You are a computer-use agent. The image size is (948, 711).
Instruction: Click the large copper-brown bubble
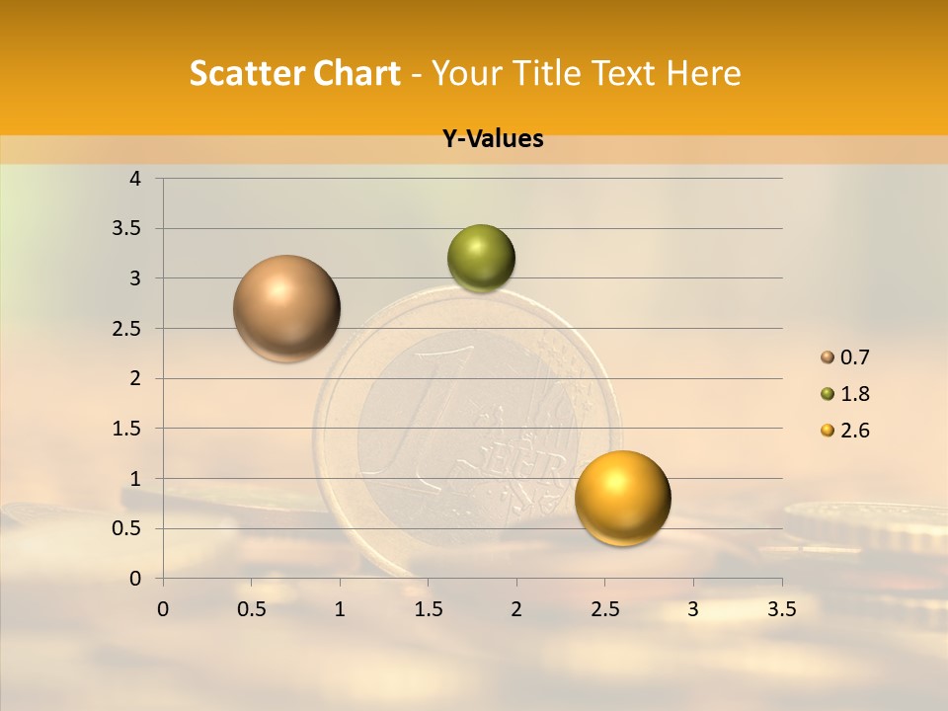pyautogui.click(x=286, y=308)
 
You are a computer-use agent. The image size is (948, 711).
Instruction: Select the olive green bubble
pyautogui.click(x=481, y=258)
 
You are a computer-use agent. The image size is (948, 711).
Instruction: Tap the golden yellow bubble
pyautogui.click(x=622, y=498)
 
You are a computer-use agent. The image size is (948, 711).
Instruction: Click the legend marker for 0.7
pyautogui.click(x=828, y=357)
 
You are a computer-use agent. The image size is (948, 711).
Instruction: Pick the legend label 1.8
pyautogui.click(x=854, y=394)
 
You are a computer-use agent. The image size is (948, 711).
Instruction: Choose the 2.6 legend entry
pyautogui.click(x=845, y=431)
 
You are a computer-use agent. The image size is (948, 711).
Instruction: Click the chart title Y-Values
pyautogui.click(x=493, y=139)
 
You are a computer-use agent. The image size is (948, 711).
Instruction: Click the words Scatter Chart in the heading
pyautogui.click(x=295, y=73)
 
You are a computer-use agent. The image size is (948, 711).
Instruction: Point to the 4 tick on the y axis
pyautogui.click(x=135, y=179)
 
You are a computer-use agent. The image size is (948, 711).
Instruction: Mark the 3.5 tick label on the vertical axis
pyautogui.click(x=127, y=228)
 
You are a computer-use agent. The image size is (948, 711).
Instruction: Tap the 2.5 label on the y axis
pyautogui.click(x=127, y=328)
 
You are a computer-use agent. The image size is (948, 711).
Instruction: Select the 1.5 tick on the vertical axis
pyautogui.click(x=127, y=429)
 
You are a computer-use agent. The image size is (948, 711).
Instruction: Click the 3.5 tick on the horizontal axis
pyautogui.click(x=781, y=609)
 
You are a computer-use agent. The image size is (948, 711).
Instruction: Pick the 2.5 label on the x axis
pyautogui.click(x=604, y=609)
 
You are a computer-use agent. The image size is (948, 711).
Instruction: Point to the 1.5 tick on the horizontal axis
pyautogui.click(x=428, y=609)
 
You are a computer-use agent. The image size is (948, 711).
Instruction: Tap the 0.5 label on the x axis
pyautogui.click(x=251, y=609)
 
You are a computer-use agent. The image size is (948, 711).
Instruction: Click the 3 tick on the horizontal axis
pyautogui.click(x=693, y=609)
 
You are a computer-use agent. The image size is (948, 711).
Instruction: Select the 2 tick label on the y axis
pyautogui.click(x=135, y=378)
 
